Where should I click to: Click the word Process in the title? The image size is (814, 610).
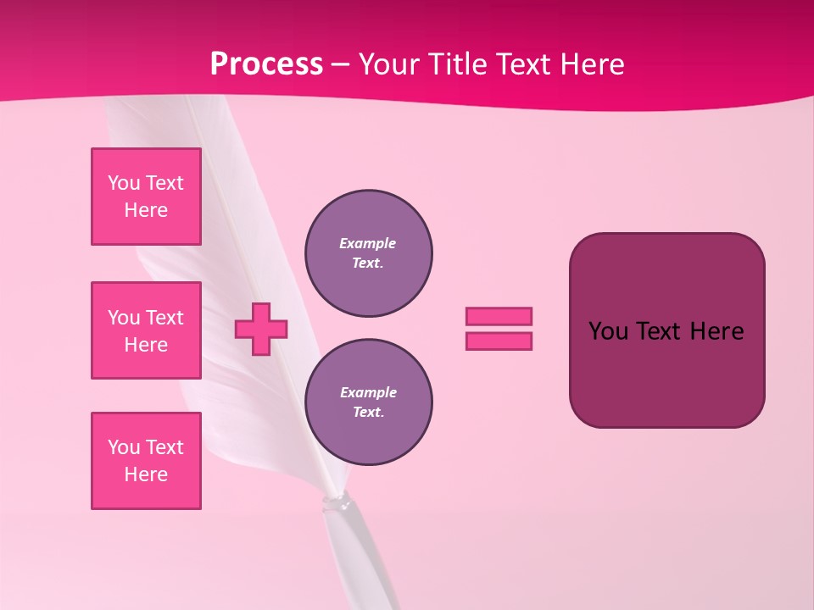tap(266, 64)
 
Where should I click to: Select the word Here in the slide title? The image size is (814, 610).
tap(593, 64)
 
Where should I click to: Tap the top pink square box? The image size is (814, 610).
tap(146, 197)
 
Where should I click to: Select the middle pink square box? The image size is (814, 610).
tap(146, 330)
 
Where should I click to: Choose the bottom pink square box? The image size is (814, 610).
tap(146, 461)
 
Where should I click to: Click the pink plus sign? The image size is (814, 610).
tap(261, 329)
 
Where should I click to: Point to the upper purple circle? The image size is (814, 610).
tap(369, 253)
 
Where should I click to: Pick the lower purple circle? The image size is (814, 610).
tap(369, 402)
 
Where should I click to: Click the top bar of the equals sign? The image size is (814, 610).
tap(499, 316)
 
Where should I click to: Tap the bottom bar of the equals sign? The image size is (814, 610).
tap(499, 341)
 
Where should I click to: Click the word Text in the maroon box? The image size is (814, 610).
tap(659, 331)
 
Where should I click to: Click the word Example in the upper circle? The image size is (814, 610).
tap(367, 243)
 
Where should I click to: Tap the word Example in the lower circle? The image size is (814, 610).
tap(368, 392)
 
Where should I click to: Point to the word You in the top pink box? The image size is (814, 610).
tap(123, 183)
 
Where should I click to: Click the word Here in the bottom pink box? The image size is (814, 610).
tap(146, 474)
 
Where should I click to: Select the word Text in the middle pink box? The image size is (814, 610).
tap(164, 318)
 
